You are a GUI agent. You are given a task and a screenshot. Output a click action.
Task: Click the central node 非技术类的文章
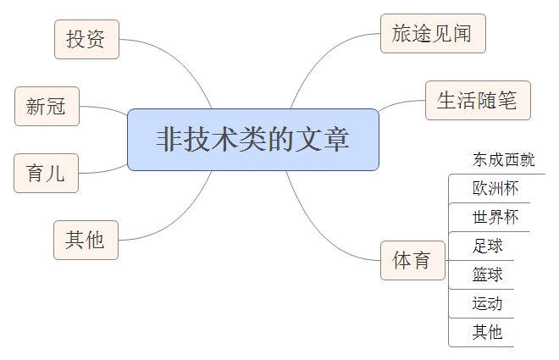coord(252,140)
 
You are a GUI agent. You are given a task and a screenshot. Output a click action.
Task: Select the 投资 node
coord(86,39)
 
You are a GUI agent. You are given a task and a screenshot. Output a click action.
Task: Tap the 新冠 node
coord(47,107)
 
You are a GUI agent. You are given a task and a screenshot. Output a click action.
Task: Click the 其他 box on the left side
coord(86,240)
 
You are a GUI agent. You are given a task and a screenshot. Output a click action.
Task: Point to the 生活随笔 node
coord(477,101)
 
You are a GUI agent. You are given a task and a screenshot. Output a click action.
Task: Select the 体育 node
coord(412,260)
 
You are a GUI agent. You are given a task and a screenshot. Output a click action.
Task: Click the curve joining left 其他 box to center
coord(182,220)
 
